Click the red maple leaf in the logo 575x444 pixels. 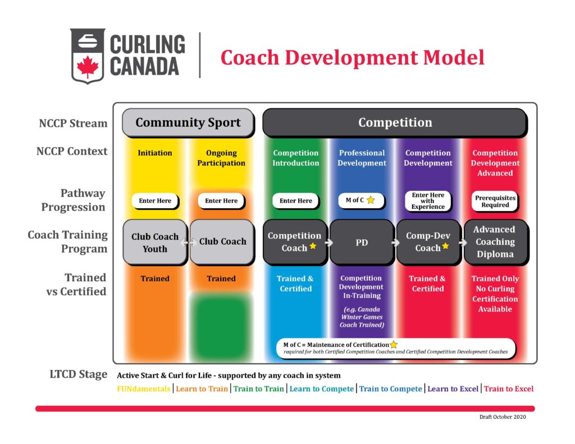pos(88,67)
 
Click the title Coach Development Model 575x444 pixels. pos(352,58)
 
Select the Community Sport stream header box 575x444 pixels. pos(188,122)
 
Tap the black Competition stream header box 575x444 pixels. pos(395,122)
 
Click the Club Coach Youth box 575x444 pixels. pos(154,242)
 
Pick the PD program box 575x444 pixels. pos(361,242)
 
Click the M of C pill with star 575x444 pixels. pos(361,200)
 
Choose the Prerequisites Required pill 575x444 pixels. pos(495,201)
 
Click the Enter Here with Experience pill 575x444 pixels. pos(428,201)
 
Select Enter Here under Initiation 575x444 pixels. pos(155,200)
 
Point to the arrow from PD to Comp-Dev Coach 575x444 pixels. pos(395,242)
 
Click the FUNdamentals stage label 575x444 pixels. pos(143,388)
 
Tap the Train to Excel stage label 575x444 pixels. pos(509,388)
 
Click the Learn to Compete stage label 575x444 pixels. pos(322,388)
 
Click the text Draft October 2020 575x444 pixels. pos(503,417)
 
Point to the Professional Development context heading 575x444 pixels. pos(362,158)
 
